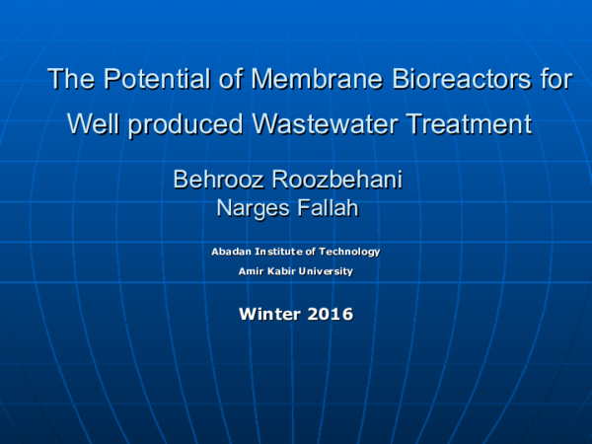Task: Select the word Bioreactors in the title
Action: [430, 79]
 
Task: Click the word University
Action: [329, 271]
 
